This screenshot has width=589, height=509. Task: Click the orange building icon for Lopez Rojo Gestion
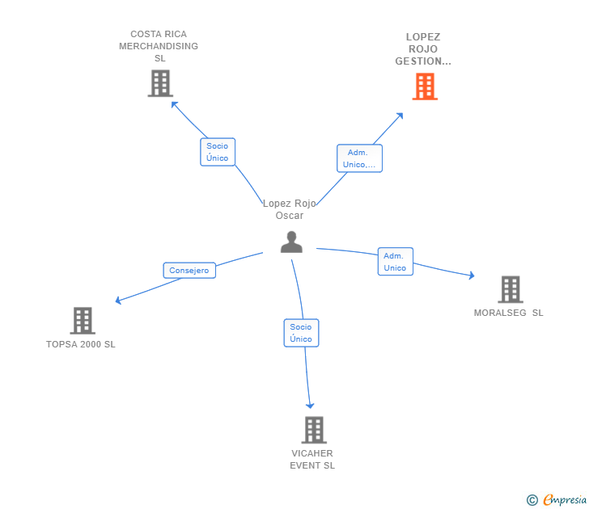[425, 86]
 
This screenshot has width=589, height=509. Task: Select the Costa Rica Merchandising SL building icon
[160, 83]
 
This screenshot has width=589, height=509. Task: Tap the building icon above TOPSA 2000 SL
[83, 321]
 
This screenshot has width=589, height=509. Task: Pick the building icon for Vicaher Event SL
[314, 430]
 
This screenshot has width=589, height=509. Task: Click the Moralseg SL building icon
[510, 289]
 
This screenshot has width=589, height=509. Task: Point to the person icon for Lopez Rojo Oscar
[291, 242]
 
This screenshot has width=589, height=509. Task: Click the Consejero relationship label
[189, 271]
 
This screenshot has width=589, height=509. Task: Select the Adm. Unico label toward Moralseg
[395, 262]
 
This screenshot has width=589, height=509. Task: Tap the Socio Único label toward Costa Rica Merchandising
[217, 152]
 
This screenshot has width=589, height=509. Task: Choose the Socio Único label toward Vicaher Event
[301, 333]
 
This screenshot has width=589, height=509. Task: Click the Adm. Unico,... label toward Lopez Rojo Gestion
[359, 158]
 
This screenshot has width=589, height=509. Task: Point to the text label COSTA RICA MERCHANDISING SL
[159, 46]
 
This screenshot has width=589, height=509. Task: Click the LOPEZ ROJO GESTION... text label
[423, 49]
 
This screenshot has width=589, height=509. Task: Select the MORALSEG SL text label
[509, 313]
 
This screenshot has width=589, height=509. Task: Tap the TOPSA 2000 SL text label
[81, 344]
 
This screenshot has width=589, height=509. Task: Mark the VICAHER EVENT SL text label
[312, 459]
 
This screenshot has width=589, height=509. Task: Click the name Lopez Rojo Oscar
[290, 209]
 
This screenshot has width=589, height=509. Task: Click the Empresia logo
[557, 500]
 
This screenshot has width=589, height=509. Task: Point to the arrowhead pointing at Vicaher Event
[310, 405]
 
